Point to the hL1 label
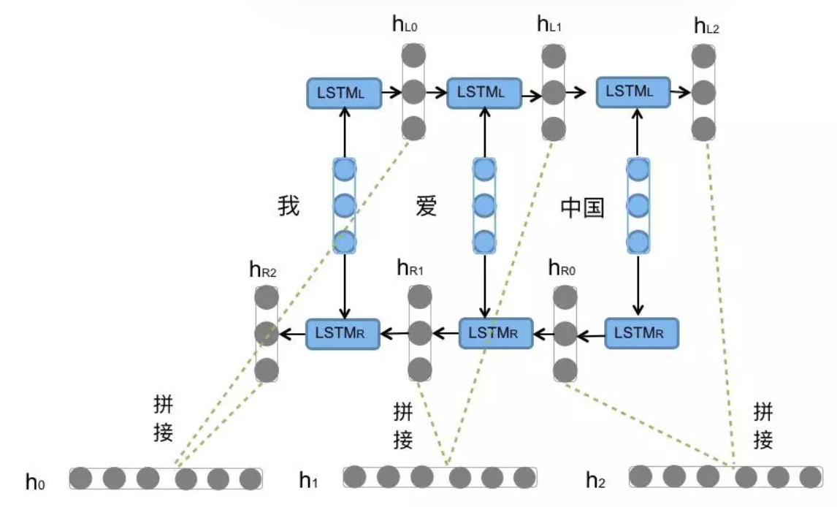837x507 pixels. pyautogui.click(x=549, y=27)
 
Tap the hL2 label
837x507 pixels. pyautogui.click(x=706, y=28)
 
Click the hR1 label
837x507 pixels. pyautogui.click(x=410, y=267)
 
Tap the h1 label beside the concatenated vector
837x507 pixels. pyautogui.click(x=308, y=479)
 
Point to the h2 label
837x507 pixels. pyautogui.click(x=597, y=479)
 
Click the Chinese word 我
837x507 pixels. pyautogui.click(x=288, y=206)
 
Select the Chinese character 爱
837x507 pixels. pyautogui.click(x=426, y=206)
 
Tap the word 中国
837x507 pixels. pyautogui.click(x=582, y=208)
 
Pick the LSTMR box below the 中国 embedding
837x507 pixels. pyautogui.click(x=641, y=333)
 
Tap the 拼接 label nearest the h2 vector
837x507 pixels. pyautogui.click(x=763, y=426)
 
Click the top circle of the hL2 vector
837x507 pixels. pyautogui.click(x=704, y=56)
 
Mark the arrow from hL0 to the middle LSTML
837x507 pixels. pyautogui.click(x=435, y=93)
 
